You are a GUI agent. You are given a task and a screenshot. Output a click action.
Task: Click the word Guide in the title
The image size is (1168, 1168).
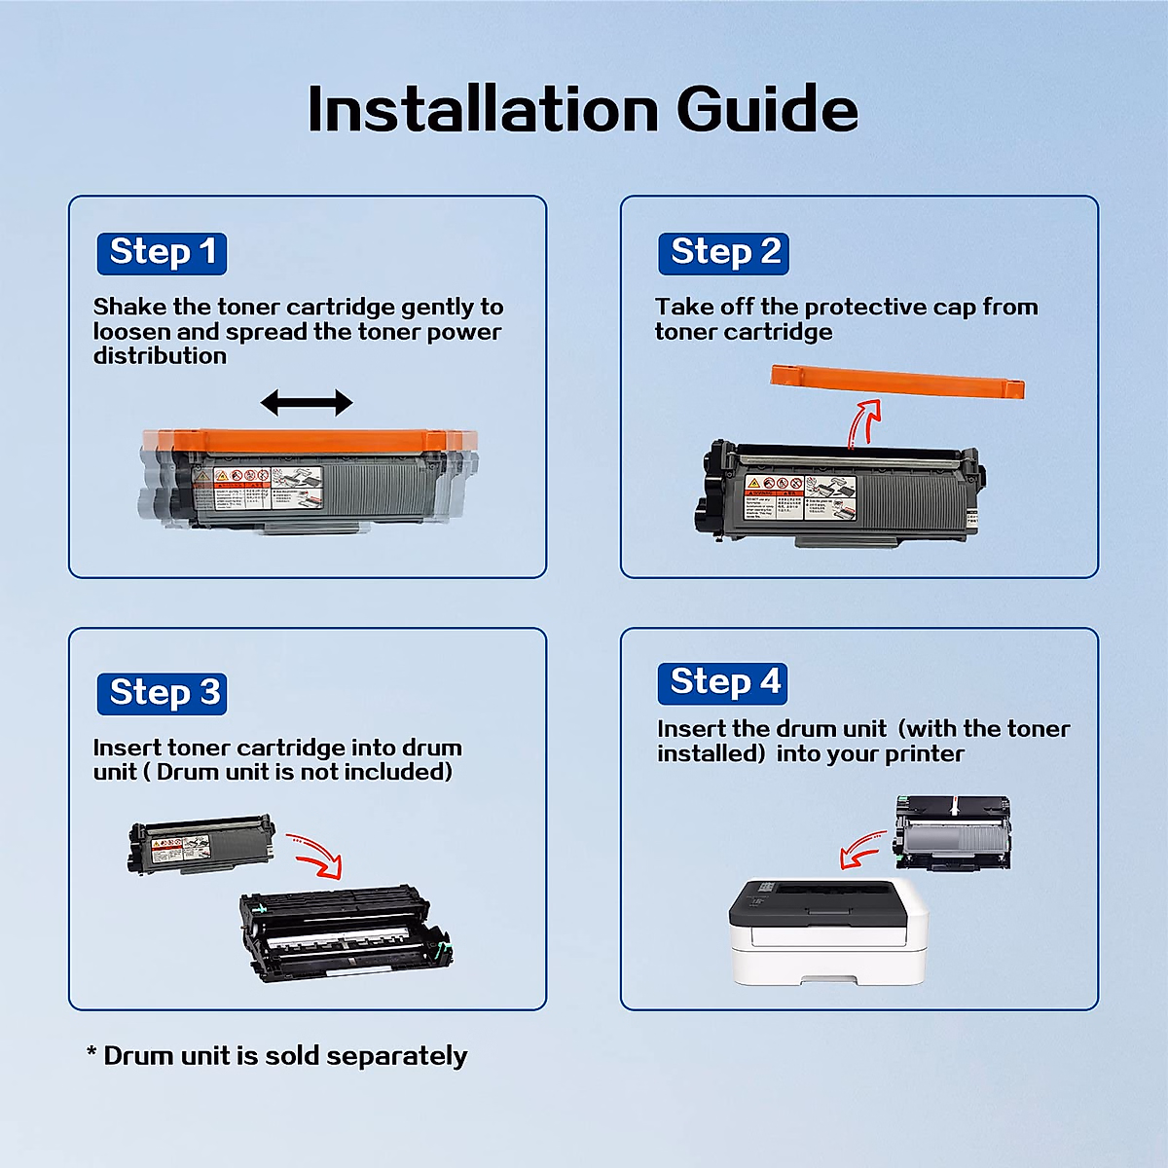point(766,109)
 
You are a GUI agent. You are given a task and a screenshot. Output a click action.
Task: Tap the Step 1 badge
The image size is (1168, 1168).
point(162,253)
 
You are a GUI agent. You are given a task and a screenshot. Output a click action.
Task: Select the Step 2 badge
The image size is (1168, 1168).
point(723,253)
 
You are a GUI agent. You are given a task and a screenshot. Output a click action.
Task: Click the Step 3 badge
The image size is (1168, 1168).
point(162,693)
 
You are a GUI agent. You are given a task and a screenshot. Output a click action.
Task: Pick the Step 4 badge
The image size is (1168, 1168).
point(722,683)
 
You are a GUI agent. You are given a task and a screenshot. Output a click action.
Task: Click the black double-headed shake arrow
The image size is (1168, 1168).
point(307,402)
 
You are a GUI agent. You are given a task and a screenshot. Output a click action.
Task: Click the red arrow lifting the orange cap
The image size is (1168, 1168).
point(862,422)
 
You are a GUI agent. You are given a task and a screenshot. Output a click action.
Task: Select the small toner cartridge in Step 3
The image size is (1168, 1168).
point(201,844)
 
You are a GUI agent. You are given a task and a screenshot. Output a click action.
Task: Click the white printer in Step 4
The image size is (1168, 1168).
point(827,930)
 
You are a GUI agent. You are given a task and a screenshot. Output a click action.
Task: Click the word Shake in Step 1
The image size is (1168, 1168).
point(129,308)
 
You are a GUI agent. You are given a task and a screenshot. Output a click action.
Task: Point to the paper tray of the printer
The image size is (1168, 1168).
point(827,973)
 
